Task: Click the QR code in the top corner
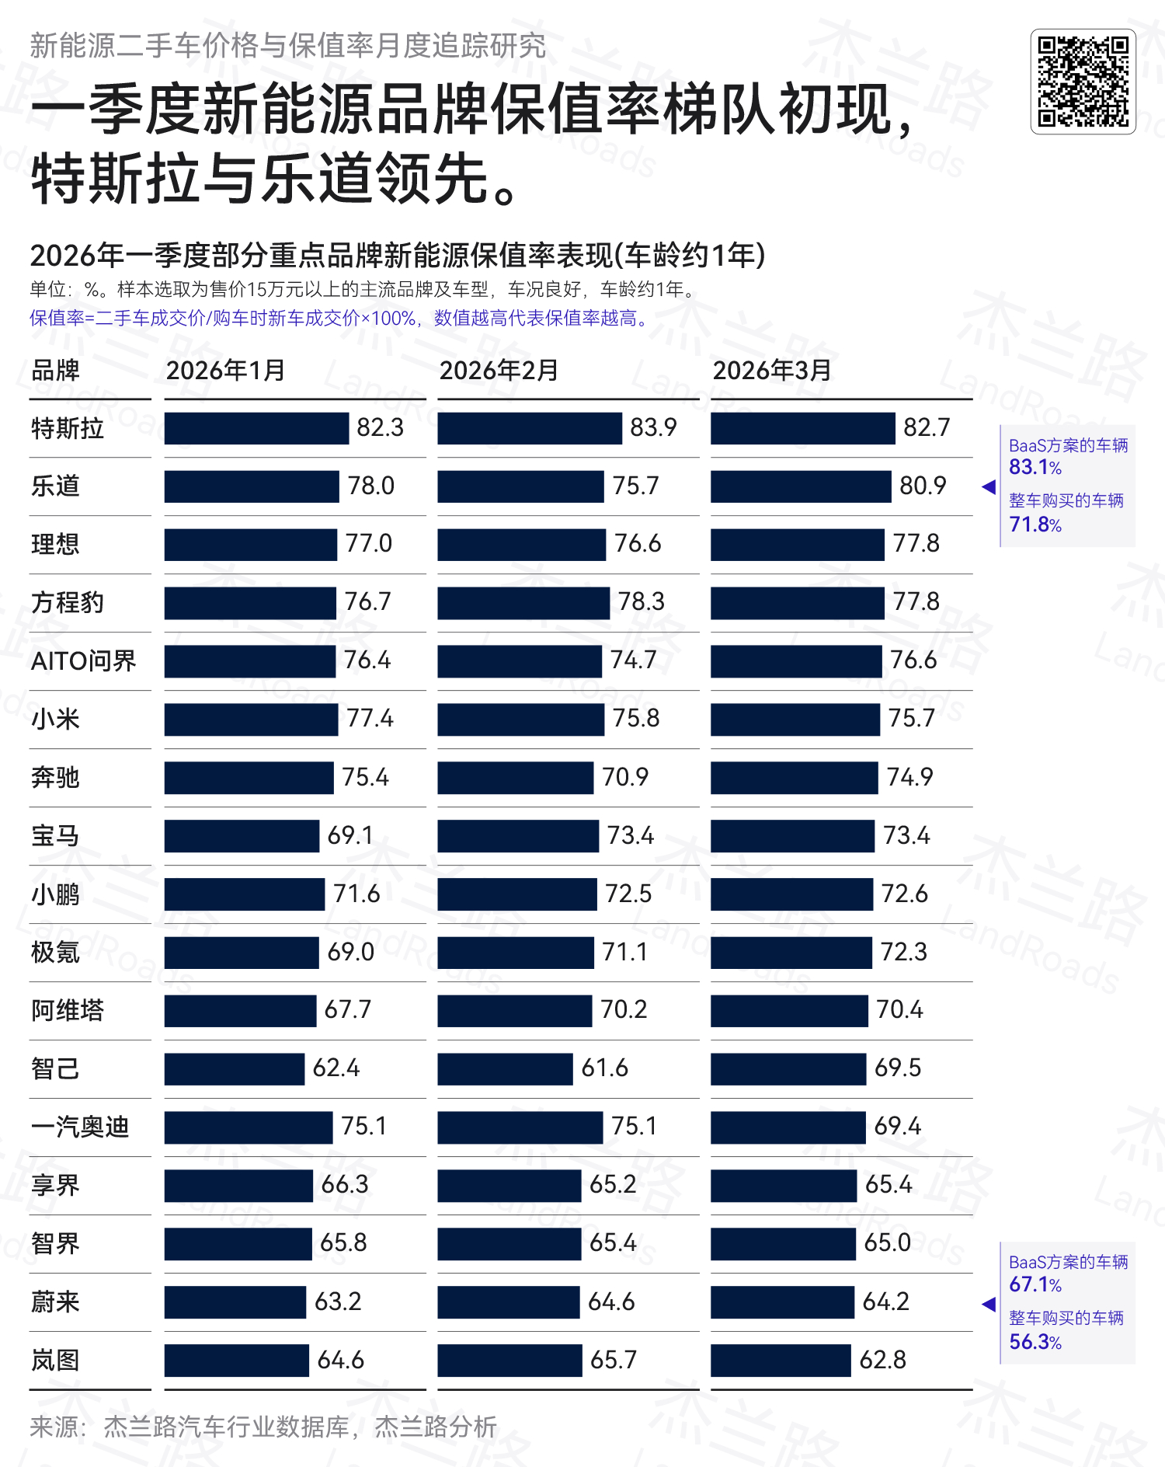[1083, 82]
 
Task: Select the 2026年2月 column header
[499, 371]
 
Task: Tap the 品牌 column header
[55, 371]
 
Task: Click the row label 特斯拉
[67, 428]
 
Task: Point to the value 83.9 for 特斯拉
[653, 428]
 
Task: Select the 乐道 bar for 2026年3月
[800, 486]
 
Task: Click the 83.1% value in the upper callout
[1035, 468]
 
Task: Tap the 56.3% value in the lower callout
[1035, 1342]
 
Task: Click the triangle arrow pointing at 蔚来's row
[989, 1305]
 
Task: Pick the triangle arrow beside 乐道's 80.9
[989, 487]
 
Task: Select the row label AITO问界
[83, 661]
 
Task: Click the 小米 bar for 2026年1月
[251, 720]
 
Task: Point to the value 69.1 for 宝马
[350, 836]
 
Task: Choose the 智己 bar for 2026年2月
[505, 1069]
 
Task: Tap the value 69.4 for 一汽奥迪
[897, 1127]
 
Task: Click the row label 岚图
[55, 1361]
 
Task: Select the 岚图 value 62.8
[882, 1361]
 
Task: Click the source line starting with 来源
[263, 1427]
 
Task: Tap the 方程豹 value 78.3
[641, 602]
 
